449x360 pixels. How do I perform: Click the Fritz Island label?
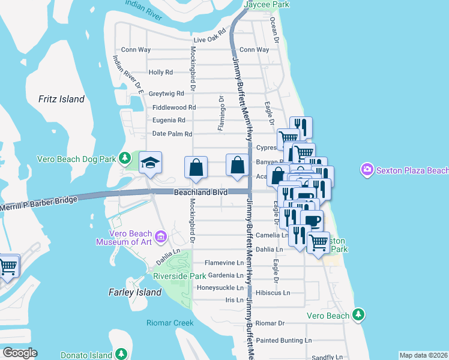coord(61,99)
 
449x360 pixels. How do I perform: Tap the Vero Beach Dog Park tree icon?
coord(125,158)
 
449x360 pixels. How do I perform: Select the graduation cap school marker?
coord(150,163)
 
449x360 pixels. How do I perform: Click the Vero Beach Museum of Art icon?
coord(160,236)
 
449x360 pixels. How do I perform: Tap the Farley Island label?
coord(135,292)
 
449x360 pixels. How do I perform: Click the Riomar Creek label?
coord(170,323)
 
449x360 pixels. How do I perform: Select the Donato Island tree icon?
coord(121,355)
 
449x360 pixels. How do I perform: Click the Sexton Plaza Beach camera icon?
coord(367,170)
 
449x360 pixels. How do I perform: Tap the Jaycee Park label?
coord(267,4)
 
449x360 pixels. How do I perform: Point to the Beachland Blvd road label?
coord(200,193)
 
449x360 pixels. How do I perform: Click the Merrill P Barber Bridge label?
coord(38,203)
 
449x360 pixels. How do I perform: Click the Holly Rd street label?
coord(160,72)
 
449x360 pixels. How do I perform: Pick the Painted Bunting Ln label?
coord(283,340)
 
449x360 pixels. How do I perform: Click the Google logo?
coord(20,353)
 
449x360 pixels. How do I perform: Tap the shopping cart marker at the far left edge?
coord(7,266)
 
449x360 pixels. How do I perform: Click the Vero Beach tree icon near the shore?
coord(358,314)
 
